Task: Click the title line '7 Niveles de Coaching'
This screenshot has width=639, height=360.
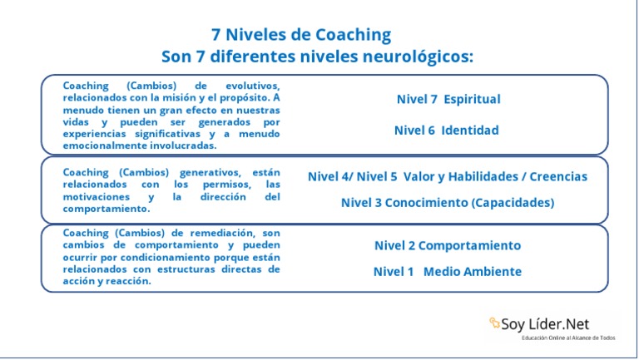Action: tap(301, 35)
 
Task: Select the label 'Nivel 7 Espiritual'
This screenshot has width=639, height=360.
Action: tap(448, 100)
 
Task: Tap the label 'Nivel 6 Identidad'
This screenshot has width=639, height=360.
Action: tap(446, 131)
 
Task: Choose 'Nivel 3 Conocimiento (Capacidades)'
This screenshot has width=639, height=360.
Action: tap(447, 202)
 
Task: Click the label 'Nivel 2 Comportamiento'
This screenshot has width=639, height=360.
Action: tap(447, 246)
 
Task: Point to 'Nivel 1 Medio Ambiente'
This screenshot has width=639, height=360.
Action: tap(447, 272)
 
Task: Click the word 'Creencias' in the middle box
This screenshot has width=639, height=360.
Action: tap(558, 176)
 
